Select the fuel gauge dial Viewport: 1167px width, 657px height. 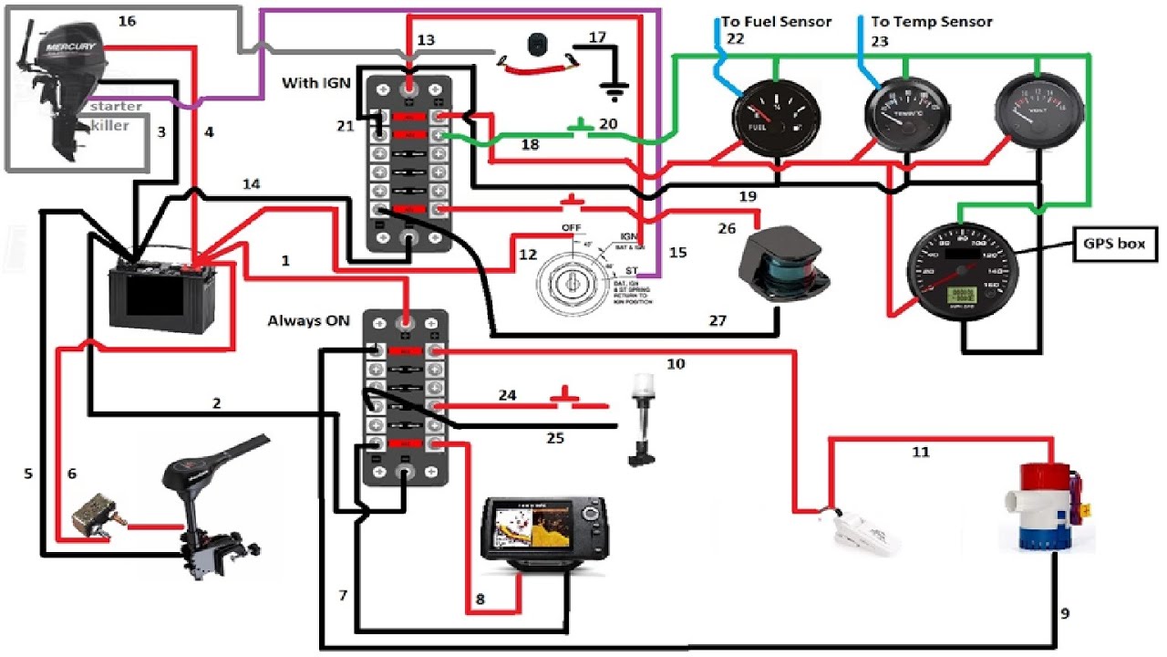pyautogui.click(x=776, y=119)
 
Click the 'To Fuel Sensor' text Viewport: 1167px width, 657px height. pyautogui.click(x=776, y=22)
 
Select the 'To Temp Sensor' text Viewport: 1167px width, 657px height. pyautogui.click(x=932, y=22)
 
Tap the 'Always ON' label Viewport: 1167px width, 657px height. pyautogui.click(x=308, y=321)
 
